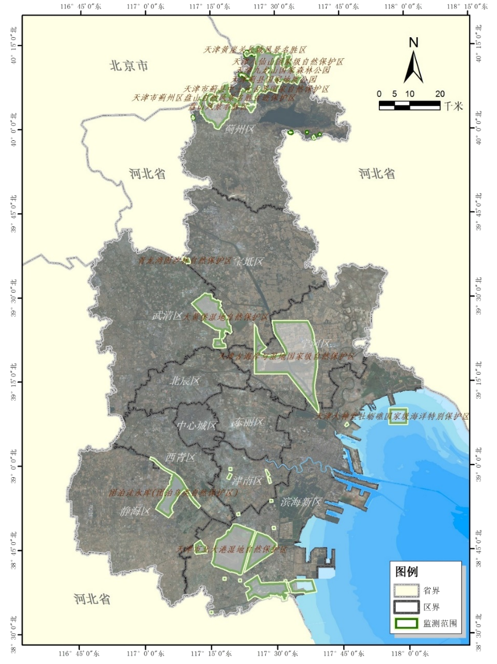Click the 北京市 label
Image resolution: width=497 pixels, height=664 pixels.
[x=129, y=66]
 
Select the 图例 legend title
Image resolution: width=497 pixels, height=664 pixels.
[x=406, y=572]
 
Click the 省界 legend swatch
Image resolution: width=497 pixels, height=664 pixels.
[x=406, y=591]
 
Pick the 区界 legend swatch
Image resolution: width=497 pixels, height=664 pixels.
[x=406, y=607]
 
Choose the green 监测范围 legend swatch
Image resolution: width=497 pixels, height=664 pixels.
[x=406, y=623]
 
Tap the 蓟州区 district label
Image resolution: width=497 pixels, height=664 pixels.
[x=239, y=129]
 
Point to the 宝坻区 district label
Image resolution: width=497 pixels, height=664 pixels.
[x=249, y=262]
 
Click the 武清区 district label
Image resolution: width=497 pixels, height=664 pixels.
[x=167, y=316]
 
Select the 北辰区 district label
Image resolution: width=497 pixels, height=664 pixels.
[x=185, y=381]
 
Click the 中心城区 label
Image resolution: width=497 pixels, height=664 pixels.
[x=197, y=426]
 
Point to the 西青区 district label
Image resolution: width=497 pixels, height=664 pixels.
[x=180, y=458]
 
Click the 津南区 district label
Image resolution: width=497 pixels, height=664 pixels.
[x=247, y=481]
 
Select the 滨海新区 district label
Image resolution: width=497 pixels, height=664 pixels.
[x=301, y=501]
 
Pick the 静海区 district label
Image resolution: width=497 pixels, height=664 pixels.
[x=135, y=511]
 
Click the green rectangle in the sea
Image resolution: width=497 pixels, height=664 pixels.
[x=398, y=416]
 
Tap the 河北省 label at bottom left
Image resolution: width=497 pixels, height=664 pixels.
[x=92, y=599]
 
